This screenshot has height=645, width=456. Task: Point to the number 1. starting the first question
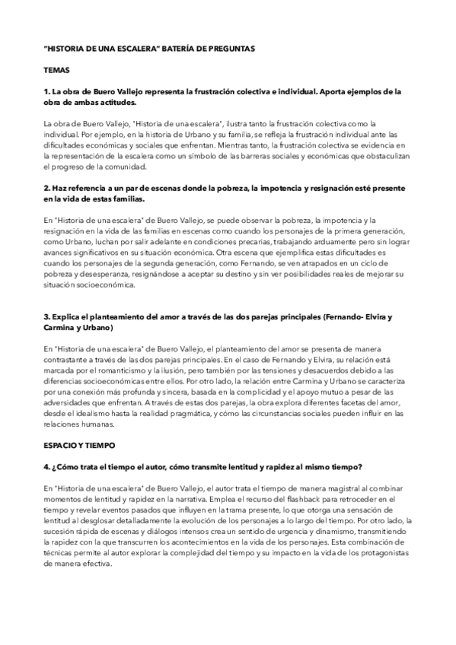click(48, 91)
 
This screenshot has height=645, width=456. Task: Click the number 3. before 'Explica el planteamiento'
click(48, 316)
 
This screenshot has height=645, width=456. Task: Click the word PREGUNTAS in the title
click(228, 48)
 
